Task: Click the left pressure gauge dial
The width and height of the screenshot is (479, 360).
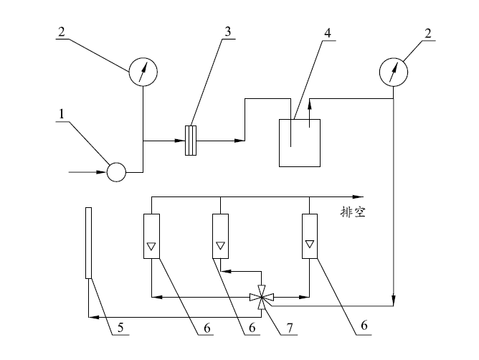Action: coord(142,71)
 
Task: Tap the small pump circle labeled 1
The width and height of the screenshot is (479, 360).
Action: coord(115,172)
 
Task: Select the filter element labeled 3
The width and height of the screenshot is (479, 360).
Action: coord(191,141)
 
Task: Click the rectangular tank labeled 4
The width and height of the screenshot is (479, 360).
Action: coord(299,143)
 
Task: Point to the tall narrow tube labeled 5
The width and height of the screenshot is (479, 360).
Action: coord(88,242)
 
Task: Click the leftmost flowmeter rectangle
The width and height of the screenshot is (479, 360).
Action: coord(151,235)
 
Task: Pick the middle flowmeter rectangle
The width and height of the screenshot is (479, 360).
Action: coord(220,236)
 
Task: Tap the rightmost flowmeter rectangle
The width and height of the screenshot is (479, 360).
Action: coord(309,235)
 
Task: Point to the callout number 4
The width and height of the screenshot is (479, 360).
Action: coord(327,34)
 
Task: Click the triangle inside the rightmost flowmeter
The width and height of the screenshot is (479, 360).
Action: coord(309,245)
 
